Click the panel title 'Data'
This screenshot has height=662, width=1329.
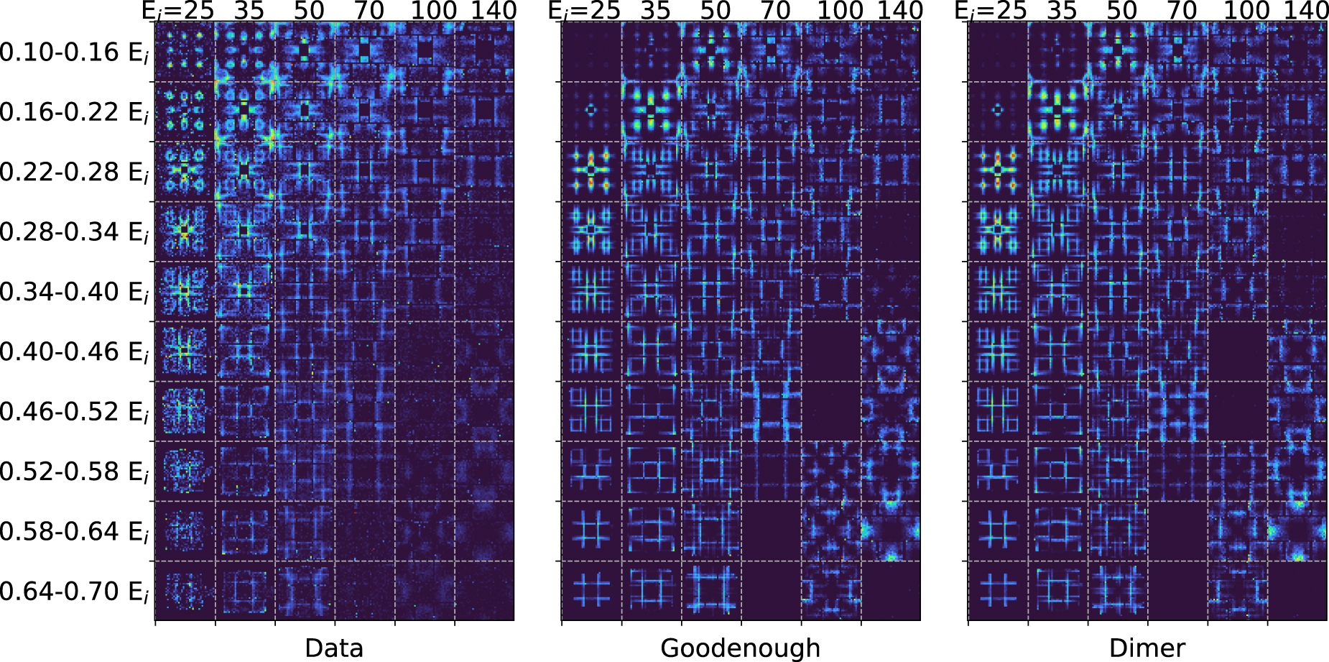click(x=334, y=648)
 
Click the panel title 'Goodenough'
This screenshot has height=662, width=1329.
click(x=740, y=648)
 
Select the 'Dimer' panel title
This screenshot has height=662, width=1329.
click(x=1147, y=648)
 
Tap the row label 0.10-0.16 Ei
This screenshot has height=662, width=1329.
click(x=74, y=52)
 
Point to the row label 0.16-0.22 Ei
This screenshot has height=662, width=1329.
click(x=74, y=112)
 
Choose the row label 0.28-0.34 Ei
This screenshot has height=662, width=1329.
click(x=74, y=232)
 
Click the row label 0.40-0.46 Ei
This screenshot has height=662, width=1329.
click(x=74, y=352)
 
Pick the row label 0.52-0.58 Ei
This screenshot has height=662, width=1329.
click(x=74, y=472)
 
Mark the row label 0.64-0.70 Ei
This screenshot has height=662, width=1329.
click(x=74, y=592)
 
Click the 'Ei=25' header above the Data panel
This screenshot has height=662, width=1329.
click(x=177, y=11)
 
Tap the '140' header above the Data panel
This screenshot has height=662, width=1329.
click(x=494, y=11)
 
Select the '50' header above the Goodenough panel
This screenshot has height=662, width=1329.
click(x=716, y=11)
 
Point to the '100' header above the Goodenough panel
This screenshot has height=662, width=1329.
click(x=840, y=11)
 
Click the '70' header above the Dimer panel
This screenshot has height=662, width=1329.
click(x=1182, y=11)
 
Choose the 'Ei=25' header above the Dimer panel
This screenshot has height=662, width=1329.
click(x=991, y=11)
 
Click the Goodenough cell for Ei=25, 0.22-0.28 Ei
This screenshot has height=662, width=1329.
click(x=591, y=172)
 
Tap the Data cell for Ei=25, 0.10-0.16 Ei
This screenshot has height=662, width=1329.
click(x=185, y=52)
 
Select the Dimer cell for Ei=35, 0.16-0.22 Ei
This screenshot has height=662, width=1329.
click(x=1057, y=112)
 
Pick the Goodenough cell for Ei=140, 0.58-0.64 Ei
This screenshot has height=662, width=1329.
click(x=891, y=531)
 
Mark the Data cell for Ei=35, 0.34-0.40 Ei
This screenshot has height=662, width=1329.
click(x=245, y=291)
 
